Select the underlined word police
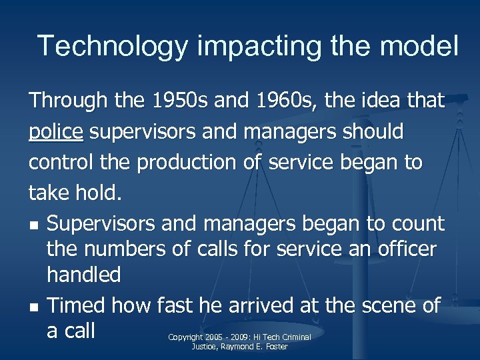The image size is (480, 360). pyautogui.click(x=56, y=132)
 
